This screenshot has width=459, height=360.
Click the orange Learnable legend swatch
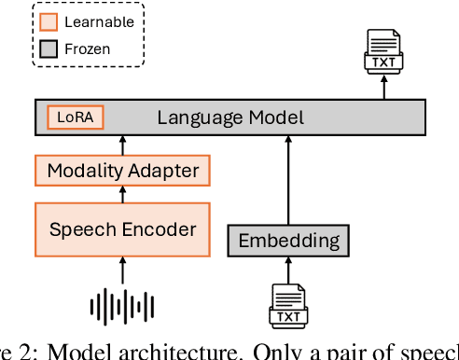[49, 21]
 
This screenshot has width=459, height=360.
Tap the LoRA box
[76, 118]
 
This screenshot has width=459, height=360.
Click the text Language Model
[229, 118]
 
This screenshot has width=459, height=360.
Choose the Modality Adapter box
[122, 171]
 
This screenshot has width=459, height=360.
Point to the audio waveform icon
[122, 304]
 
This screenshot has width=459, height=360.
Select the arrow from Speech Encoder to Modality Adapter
[122, 193]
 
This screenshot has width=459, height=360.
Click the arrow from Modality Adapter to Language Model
[122, 144]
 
